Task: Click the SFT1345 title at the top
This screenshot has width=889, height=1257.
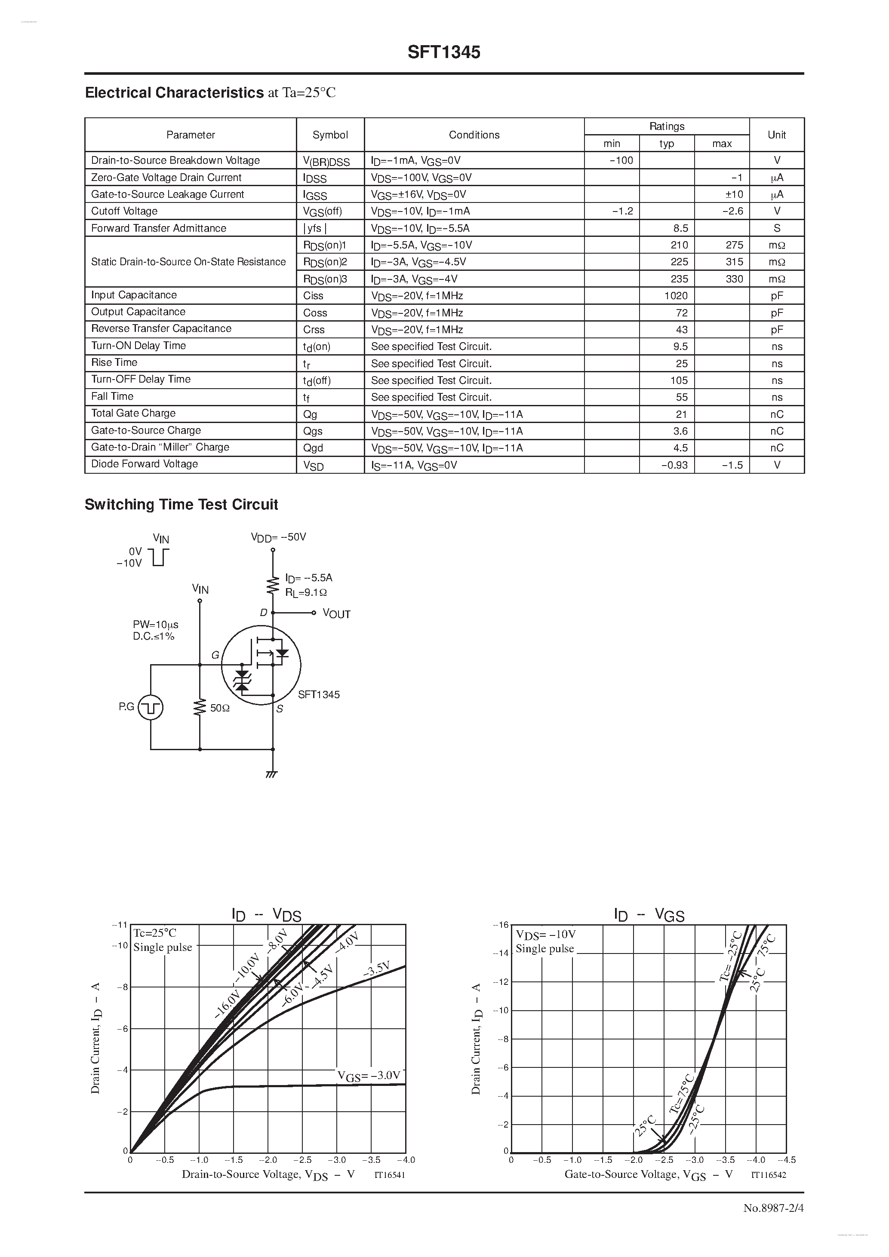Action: (444, 52)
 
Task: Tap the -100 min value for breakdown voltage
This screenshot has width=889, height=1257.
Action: (621, 160)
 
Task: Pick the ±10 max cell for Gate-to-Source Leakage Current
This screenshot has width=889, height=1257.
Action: (734, 194)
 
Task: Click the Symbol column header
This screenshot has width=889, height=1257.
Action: (330, 135)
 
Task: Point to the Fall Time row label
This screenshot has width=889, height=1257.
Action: (112, 396)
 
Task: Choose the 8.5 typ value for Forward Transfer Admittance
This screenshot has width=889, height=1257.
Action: (680, 228)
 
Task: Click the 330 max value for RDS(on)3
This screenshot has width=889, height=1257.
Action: (734, 279)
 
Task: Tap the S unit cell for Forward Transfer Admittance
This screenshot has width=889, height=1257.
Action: (777, 228)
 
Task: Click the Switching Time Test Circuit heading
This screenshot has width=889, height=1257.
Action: (181, 504)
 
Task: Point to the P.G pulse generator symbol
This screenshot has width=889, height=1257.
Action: (150, 707)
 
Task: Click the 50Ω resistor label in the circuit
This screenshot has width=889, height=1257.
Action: (220, 708)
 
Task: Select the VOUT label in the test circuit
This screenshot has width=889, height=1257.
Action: (336, 614)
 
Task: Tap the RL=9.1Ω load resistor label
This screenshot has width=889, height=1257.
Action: (306, 592)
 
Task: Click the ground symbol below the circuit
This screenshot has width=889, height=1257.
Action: (272, 774)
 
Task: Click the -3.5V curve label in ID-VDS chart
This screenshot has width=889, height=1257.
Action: (376, 969)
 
